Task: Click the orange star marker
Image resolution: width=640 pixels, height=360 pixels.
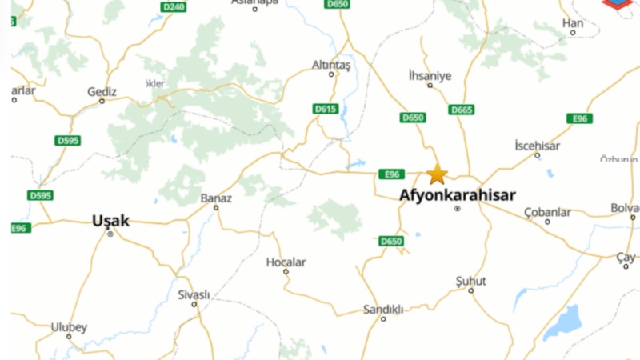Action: coord(437,174)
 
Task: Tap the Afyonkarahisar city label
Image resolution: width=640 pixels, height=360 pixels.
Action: coord(458,195)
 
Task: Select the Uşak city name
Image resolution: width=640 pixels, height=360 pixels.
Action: coord(110,220)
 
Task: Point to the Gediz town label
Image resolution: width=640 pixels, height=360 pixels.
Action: coord(102,92)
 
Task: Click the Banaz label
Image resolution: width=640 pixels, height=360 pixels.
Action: coord(216,198)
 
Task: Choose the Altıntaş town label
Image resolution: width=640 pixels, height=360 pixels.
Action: coord(332,63)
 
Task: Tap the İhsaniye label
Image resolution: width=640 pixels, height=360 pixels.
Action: coord(430,76)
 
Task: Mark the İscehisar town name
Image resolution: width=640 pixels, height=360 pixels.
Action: coord(538,146)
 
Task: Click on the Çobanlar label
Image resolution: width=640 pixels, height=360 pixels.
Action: coord(547,212)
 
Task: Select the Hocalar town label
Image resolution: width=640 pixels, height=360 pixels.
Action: coord(286,262)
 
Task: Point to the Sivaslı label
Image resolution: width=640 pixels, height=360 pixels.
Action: coord(194,294)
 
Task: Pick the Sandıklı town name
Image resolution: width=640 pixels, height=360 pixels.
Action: coord(383,309)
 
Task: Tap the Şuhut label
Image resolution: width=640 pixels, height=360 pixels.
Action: coord(470,281)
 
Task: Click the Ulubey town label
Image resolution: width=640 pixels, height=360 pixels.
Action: coord(69,326)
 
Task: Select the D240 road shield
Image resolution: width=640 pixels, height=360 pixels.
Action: coord(173,6)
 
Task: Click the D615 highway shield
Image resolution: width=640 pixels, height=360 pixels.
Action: coord(326,109)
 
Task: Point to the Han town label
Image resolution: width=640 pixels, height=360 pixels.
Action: coord(573,23)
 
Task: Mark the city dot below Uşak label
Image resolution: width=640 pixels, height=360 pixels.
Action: coord(110,234)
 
